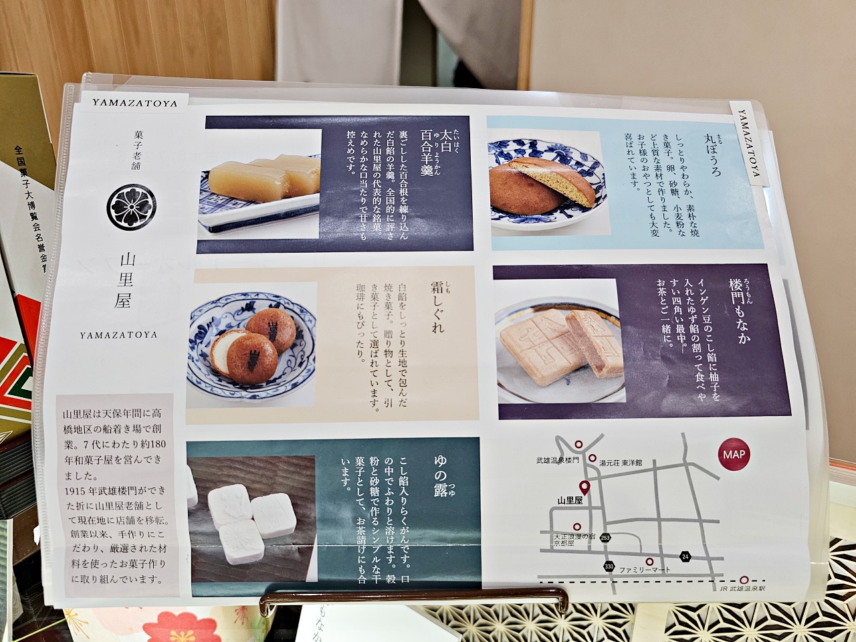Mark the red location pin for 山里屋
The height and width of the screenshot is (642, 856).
tap(584, 488)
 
